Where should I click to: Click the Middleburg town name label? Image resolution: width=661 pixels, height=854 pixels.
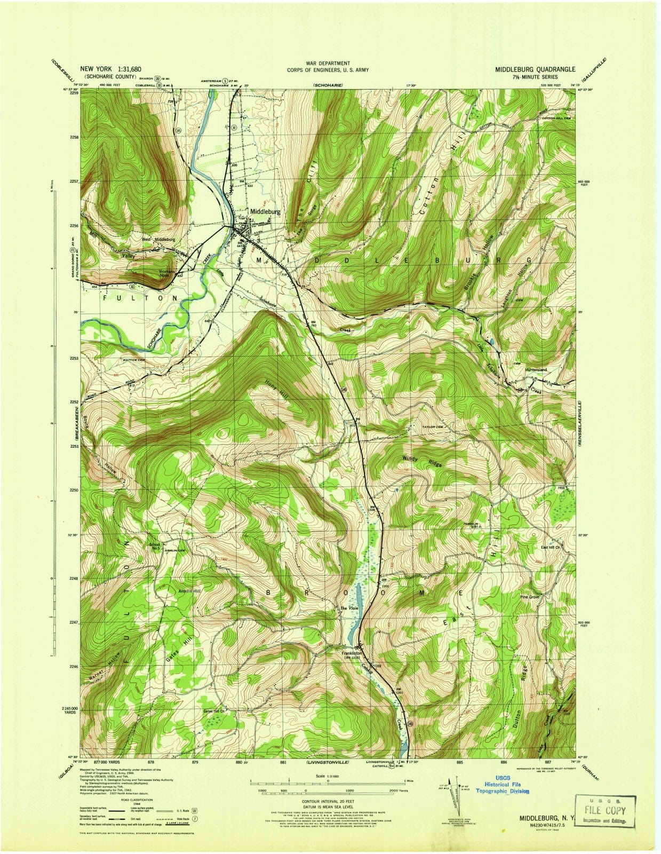point(265,211)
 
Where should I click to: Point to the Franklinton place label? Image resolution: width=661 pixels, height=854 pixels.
point(352,653)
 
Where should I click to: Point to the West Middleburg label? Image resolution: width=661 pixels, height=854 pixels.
point(158,240)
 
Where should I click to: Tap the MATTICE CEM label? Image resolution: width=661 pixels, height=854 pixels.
point(134,360)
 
